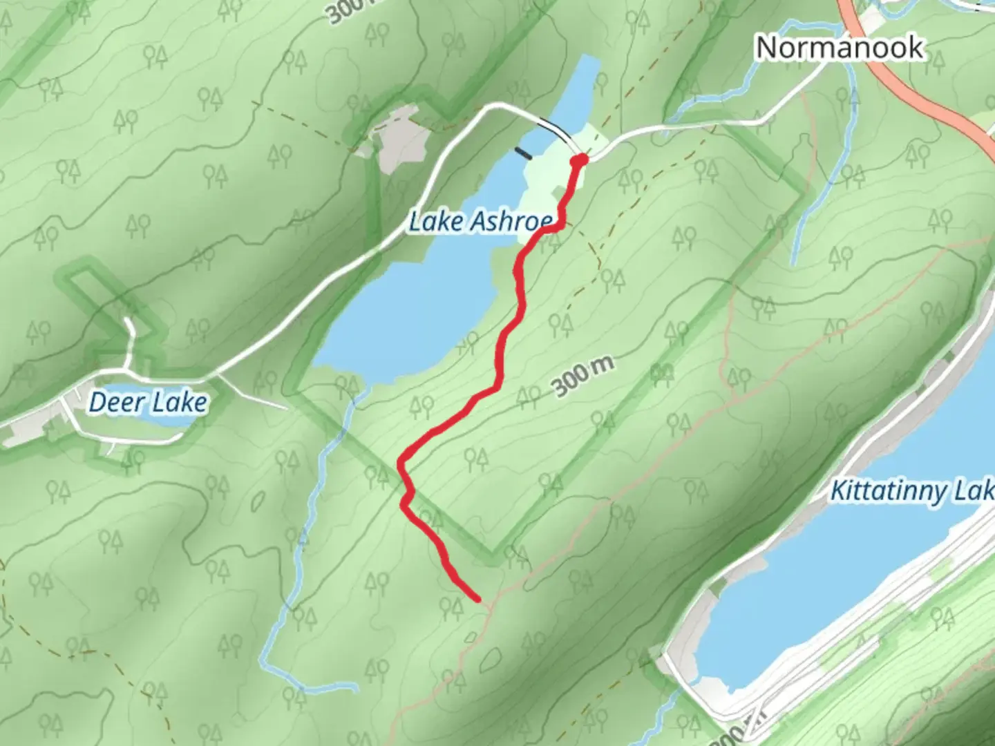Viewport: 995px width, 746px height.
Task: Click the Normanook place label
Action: [840, 47]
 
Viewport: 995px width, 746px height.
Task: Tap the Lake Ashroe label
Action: [481, 222]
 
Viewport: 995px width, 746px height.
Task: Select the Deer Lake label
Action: [148, 402]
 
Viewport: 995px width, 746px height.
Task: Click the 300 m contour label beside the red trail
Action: [583, 377]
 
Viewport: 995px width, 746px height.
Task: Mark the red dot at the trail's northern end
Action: [580, 160]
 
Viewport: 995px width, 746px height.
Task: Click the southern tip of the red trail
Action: [477, 600]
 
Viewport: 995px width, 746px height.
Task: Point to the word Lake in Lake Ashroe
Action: [436, 222]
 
